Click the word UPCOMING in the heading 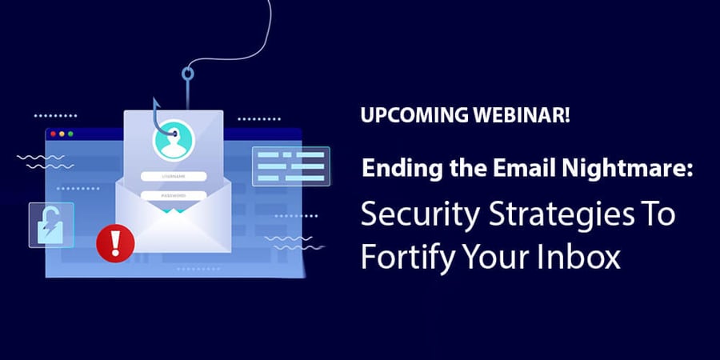coord(408,114)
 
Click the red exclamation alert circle coord(115,243)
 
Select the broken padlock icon coord(51,226)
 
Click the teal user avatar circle coord(174,140)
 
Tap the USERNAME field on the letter coord(174,176)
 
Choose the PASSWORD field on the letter coord(174,196)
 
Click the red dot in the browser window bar coord(54,134)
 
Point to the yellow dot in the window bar coord(62,134)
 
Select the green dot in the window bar coord(70,134)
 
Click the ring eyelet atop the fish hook coord(187,74)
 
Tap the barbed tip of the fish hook coord(155,102)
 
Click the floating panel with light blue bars coord(291,166)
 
